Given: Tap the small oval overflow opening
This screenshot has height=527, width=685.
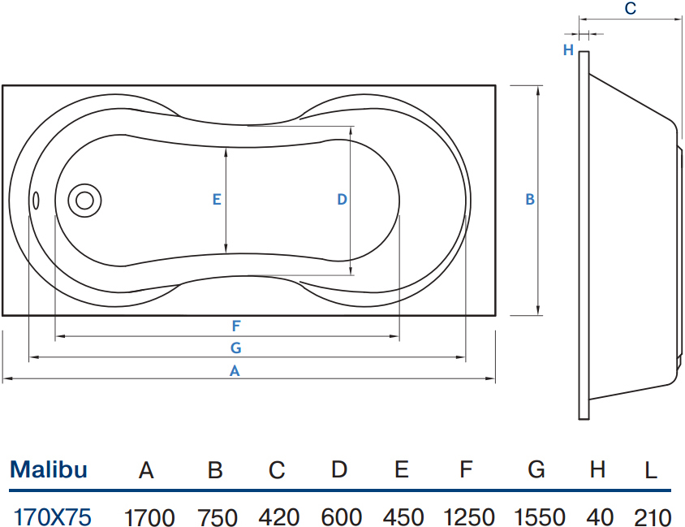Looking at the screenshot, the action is (36, 201).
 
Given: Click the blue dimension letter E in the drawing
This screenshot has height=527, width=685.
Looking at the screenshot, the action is (217, 200).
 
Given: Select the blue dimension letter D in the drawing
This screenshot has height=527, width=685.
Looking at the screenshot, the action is (342, 200).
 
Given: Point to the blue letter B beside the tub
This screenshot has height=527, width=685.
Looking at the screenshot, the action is (530, 199).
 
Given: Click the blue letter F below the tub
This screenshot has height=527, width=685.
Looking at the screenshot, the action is (236, 326).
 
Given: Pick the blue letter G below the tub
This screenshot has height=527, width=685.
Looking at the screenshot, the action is (236, 348).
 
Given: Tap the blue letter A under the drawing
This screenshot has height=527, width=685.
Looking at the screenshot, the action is (235, 371).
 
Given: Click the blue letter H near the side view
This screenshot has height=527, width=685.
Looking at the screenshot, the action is (568, 50).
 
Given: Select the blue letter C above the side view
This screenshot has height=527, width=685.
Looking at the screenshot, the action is (631, 9).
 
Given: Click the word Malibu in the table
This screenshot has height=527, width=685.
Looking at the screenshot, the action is (49, 470).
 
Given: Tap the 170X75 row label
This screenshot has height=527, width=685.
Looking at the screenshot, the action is (53, 517).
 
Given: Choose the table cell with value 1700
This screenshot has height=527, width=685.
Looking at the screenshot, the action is (149, 518).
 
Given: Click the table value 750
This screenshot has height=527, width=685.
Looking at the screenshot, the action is (218, 518).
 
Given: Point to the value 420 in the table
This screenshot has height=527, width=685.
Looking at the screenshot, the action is (278, 518).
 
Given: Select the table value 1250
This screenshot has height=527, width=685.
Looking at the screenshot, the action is (469, 518).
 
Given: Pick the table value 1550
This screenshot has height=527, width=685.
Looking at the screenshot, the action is (540, 518).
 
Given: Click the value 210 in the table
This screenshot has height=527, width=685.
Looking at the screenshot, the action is (653, 518).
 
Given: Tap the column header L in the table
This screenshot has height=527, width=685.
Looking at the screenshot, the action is (651, 471).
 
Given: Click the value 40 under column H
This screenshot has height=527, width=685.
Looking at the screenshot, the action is (600, 518).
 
